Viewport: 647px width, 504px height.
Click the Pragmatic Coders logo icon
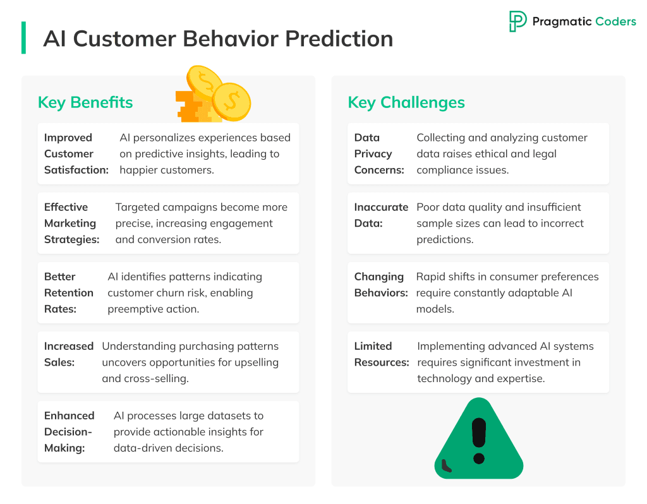(x=517, y=21)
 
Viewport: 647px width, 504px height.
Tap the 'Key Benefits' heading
(x=85, y=102)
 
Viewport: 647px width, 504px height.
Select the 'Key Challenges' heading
(x=406, y=102)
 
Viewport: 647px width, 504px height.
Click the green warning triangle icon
(x=479, y=440)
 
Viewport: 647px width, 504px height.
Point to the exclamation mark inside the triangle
(x=479, y=441)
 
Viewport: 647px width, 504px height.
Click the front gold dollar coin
(x=231, y=102)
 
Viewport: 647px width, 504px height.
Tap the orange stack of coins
(x=195, y=107)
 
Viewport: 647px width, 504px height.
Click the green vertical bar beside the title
(x=23, y=37)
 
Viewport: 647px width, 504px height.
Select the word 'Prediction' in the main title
(x=339, y=39)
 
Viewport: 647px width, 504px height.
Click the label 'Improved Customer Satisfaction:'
(x=76, y=153)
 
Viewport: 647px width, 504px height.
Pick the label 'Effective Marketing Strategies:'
(x=72, y=223)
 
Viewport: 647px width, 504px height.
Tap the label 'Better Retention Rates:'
(x=68, y=293)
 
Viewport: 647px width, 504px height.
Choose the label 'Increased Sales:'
(x=68, y=354)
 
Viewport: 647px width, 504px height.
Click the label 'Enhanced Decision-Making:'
(x=70, y=432)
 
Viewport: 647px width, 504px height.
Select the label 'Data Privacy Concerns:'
(x=379, y=153)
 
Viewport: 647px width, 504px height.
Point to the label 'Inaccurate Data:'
(x=381, y=215)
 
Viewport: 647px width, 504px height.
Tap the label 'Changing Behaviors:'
(x=381, y=285)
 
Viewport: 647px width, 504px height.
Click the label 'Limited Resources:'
(x=382, y=354)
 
